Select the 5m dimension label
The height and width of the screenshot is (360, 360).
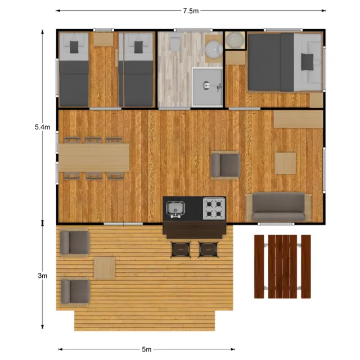(x=146, y=349)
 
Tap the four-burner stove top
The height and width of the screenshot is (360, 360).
(x=214, y=209)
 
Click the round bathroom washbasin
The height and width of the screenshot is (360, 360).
(x=214, y=49)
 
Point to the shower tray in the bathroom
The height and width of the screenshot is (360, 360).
(x=208, y=86)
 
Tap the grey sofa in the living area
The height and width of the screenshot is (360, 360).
(x=279, y=208)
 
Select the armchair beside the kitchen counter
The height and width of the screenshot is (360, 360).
(x=225, y=165)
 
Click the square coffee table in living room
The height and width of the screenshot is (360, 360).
(x=285, y=163)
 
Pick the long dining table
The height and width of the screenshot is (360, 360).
(x=94, y=157)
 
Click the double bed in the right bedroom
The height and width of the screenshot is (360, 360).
(x=284, y=61)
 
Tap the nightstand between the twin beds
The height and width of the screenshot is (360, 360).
(x=103, y=39)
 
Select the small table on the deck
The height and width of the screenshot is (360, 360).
(x=104, y=268)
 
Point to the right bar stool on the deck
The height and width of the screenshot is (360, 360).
(x=208, y=248)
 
